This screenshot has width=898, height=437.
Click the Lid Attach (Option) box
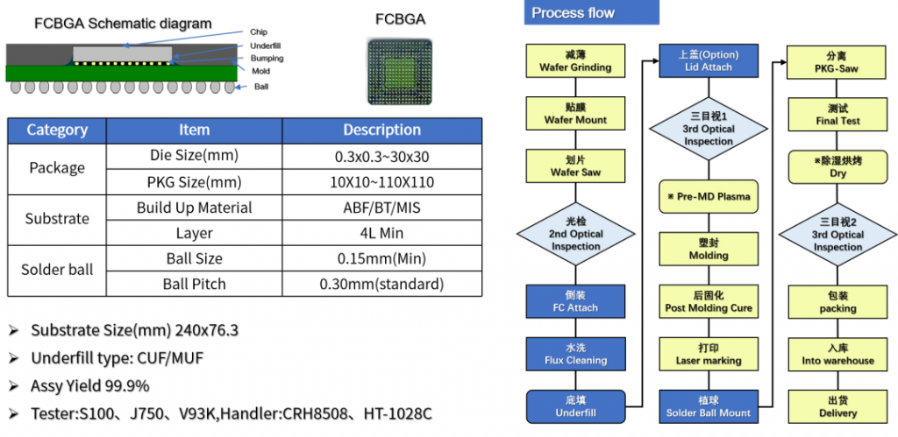[709, 61]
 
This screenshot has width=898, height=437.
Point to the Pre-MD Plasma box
[709, 196]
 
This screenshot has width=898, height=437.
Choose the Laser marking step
[709, 354]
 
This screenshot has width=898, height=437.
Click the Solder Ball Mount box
[709, 406]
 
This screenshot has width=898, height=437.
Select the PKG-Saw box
[837, 61]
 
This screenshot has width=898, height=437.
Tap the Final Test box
[837, 115]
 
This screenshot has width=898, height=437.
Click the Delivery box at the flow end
[837, 406]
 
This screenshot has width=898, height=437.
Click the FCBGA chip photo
[400, 71]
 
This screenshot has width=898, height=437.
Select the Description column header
[381, 130]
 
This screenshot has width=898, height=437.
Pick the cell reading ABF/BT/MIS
[381, 208]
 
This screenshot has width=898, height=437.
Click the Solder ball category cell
[57, 271]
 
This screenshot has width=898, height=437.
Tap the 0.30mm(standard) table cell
[381, 284]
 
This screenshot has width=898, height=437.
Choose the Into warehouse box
[837, 354]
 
